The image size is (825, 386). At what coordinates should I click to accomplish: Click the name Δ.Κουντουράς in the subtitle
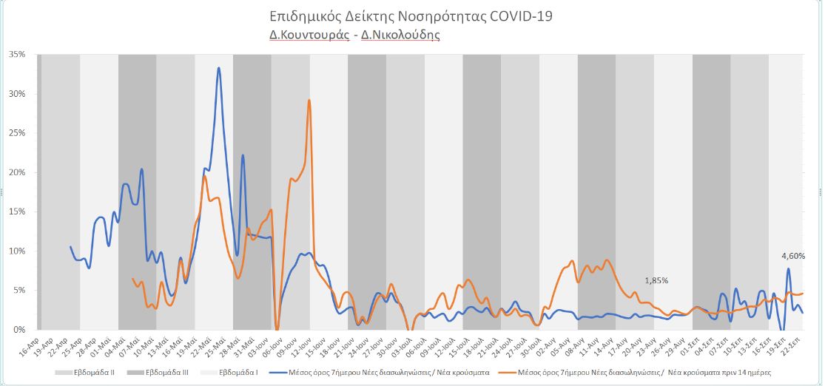(x=309, y=35)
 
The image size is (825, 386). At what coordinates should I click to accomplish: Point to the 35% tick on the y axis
(x=17, y=55)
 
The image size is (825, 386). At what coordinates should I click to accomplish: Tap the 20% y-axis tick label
(x=17, y=172)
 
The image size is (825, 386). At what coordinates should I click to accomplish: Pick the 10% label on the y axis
(x=17, y=251)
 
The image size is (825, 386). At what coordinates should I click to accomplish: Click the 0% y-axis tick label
(x=19, y=329)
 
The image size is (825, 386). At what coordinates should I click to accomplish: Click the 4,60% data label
(x=793, y=256)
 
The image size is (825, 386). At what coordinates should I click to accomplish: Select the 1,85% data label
(x=656, y=281)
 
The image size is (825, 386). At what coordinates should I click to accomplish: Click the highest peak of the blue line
(x=218, y=68)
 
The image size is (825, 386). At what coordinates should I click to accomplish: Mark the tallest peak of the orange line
(x=309, y=101)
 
